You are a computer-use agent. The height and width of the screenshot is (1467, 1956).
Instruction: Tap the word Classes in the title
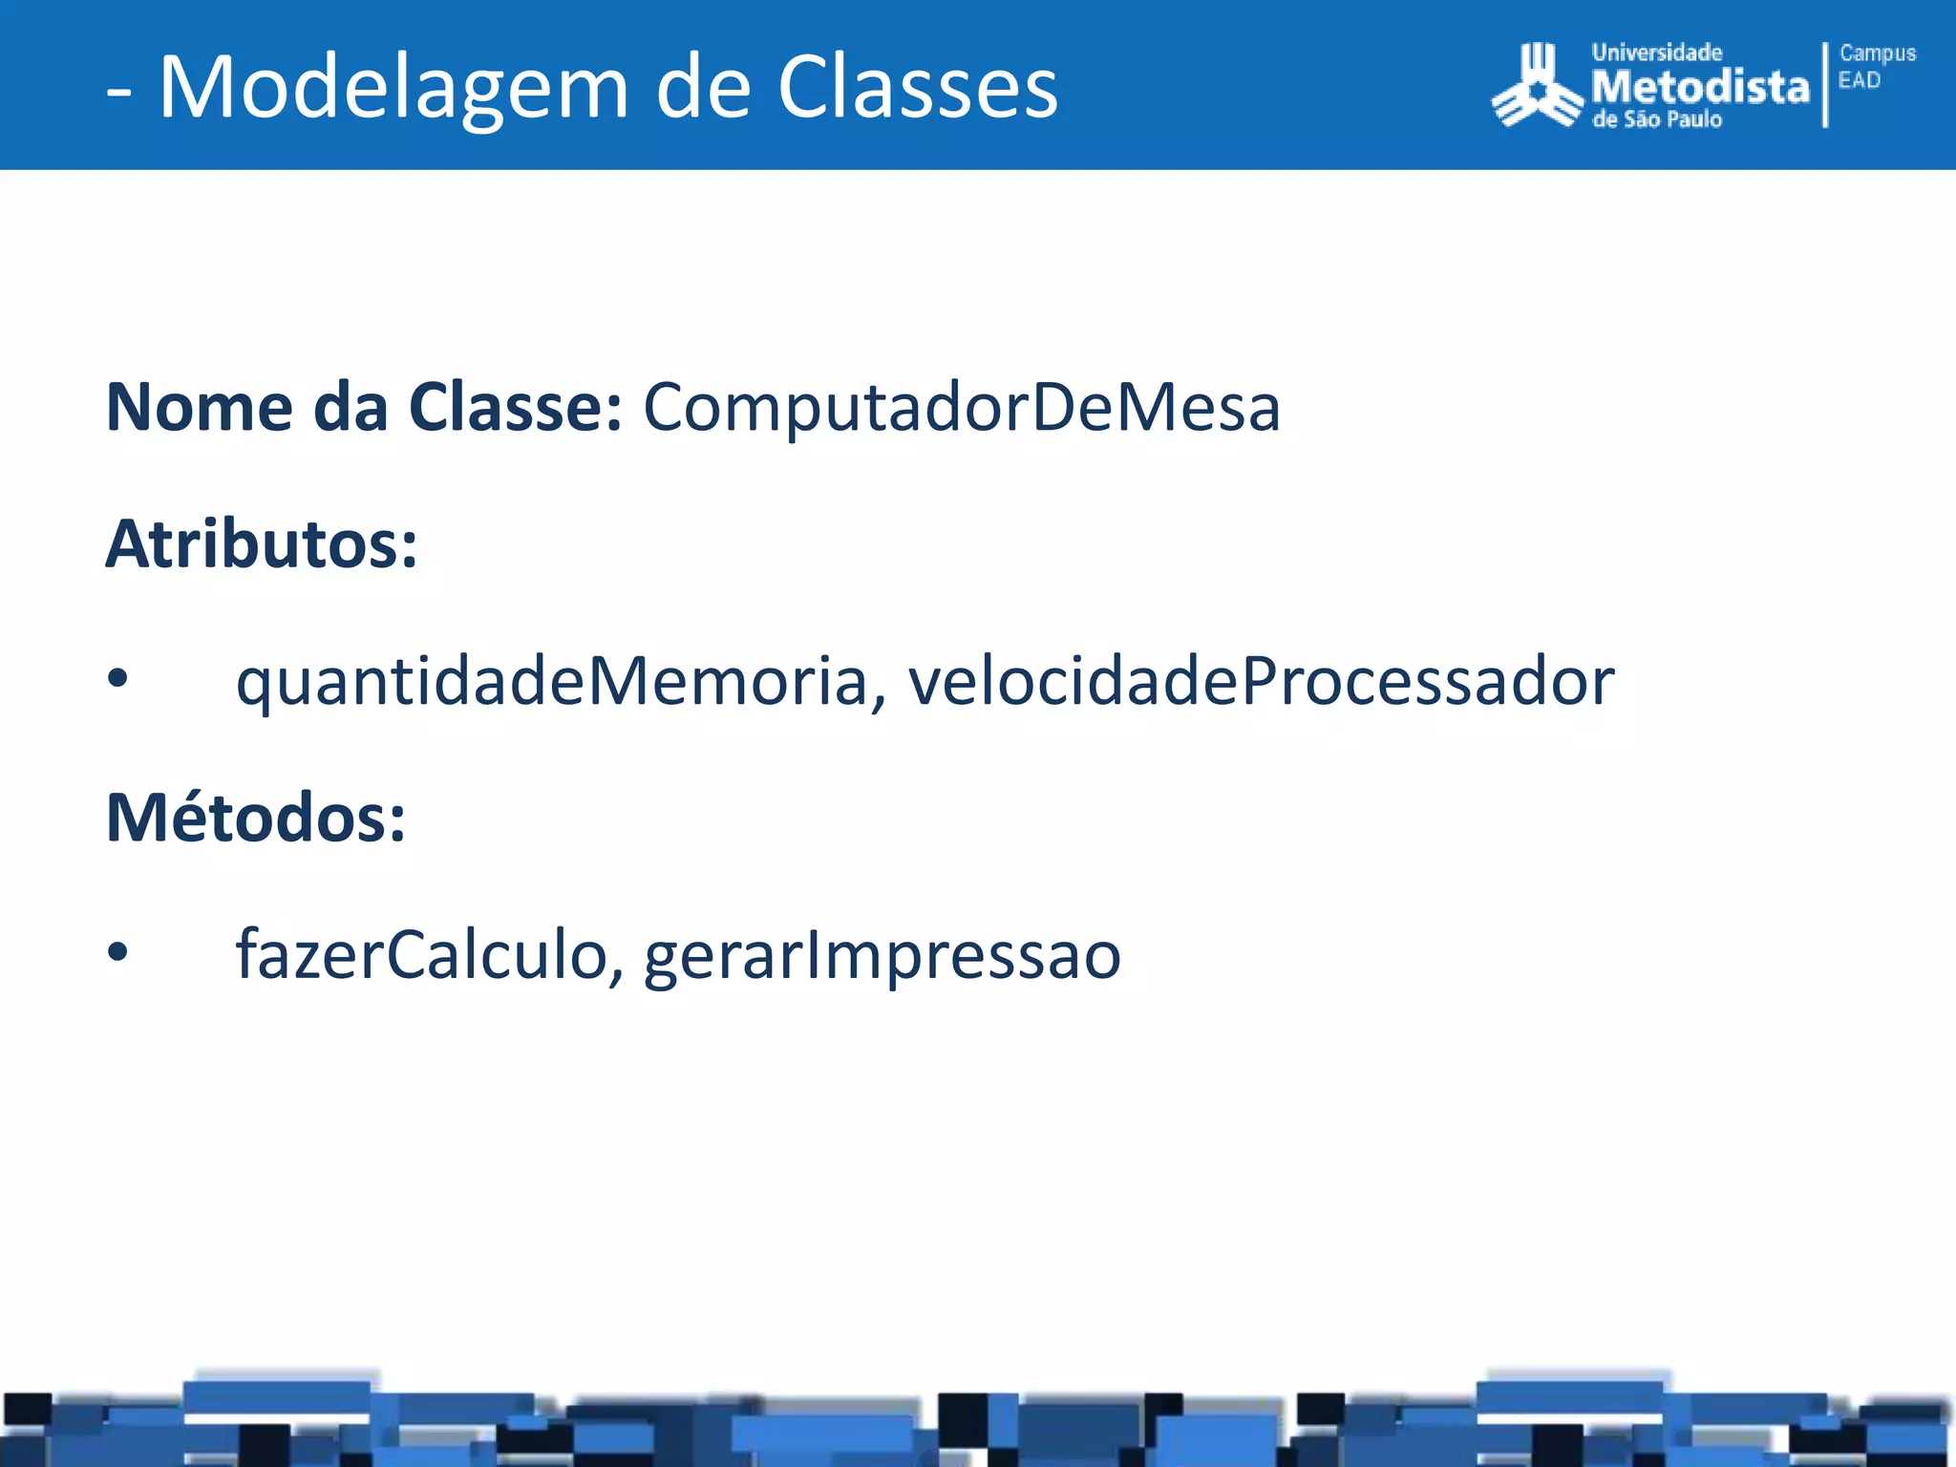click(917, 88)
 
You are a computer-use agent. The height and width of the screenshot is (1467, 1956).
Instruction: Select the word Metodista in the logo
click(1700, 88)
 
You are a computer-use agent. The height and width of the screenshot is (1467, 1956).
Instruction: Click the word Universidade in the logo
click(1656, 53)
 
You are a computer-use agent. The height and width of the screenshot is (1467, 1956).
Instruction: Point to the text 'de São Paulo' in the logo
click(1657, 120)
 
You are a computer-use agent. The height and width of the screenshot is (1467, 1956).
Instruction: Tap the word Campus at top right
click(1878, 53)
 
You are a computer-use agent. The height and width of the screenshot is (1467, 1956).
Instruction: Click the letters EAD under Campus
click(1859, 80)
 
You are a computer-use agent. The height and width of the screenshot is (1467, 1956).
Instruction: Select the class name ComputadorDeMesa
click(961, 408)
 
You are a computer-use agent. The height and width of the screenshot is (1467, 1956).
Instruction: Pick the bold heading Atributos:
click(262, 544)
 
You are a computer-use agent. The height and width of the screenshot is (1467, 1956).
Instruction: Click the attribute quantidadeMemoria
click(552, 682)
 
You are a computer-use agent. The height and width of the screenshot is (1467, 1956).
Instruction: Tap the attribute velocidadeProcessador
click(1261, 682)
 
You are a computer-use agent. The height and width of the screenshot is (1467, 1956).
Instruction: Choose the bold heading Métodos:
click(256, 819)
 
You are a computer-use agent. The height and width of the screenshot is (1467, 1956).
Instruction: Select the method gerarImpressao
click(882, 955)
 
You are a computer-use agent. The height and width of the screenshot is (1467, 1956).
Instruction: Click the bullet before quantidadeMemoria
click(117, 679)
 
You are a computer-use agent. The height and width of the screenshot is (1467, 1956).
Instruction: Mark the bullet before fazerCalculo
click(117, 952)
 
